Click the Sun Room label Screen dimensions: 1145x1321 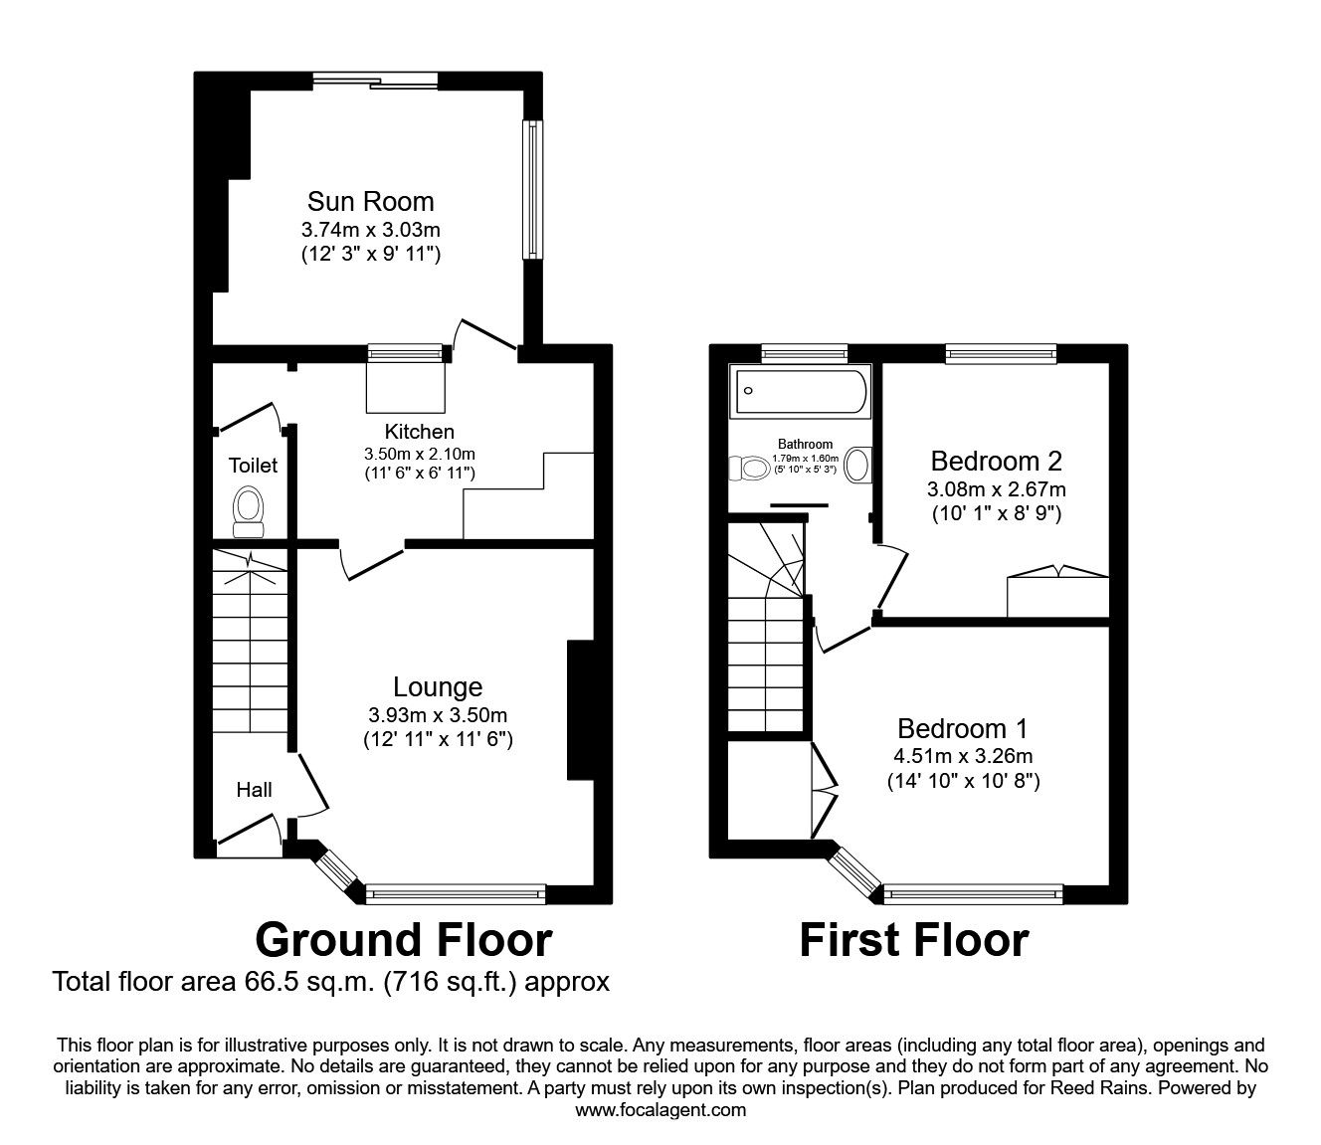coord(370,201)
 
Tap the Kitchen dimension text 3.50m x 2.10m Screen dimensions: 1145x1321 coord(419,454)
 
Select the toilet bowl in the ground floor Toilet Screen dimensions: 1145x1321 coord(248,504)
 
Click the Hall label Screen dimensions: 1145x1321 coord(254,790)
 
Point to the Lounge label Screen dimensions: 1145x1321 coord(438,686)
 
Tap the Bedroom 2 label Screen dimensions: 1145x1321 coord(996,461)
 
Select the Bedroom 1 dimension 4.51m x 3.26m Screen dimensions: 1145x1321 coord(963,755)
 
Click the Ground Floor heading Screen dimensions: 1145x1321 coord(403,939)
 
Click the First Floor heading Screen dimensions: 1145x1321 coord(913,939)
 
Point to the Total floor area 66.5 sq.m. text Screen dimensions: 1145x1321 coord(330,982)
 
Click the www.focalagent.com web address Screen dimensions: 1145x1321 coord(660,1110)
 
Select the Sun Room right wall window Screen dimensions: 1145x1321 coord(534,189)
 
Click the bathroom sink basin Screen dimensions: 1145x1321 coord(857,465)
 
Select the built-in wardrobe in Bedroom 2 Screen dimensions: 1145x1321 coord(1057,595)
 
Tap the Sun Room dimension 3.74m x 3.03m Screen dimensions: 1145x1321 coord(370,230)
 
